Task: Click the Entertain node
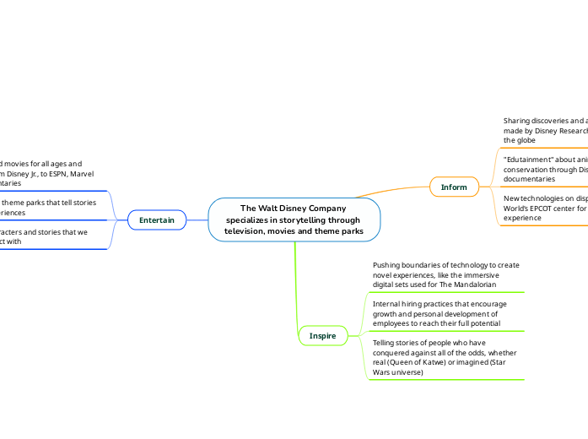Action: pyautogui.click(x=157, y=220)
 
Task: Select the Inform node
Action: pyautogui.click(x=454, y=187)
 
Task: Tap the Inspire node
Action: pyautogui.click(x=322, y=335)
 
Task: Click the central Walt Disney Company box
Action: pyautogui.click(x=294, y=219)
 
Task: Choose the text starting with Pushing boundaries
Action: pyautogui.click(x=445, y=274)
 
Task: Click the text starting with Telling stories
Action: pyautogui.click(x=445, y=356)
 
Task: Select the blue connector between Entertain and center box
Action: pyautogui.click(x=197, y=220)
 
